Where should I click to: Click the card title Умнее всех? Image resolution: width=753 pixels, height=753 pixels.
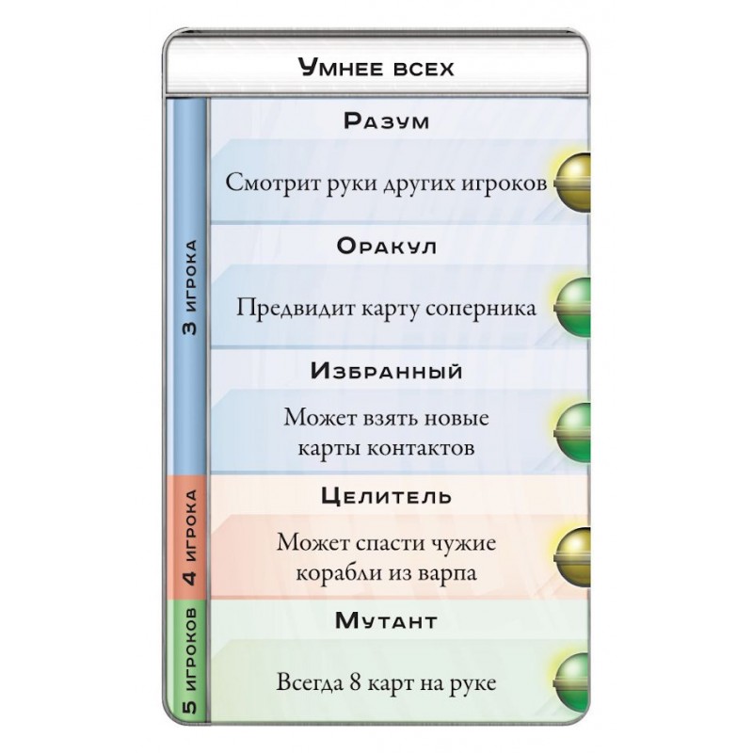[x=376, y=67]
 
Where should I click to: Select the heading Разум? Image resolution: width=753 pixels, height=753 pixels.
[x=386, y=120]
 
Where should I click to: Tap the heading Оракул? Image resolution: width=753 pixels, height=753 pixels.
[x=386, y=246]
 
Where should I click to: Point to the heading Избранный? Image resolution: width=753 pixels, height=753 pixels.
[x=386, y=371]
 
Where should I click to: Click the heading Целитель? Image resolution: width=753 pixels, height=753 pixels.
[x=386, y=496]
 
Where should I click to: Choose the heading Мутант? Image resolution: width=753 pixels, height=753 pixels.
[x=386, y=621]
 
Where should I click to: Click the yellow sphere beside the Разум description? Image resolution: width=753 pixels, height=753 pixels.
[x=572, y=183]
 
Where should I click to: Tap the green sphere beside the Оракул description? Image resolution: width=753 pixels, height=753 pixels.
[x=572, y=308]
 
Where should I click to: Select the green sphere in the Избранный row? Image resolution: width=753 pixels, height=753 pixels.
[x=572, y=433]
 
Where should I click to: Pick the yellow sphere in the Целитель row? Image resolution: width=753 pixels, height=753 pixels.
[x=572, y=557]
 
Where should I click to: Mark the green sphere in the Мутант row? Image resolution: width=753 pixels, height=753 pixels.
[x=572, y=682]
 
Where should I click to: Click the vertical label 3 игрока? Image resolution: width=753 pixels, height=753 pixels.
[x=190, y=287]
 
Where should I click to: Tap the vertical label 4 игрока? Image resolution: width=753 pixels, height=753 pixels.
[x=190, y=537]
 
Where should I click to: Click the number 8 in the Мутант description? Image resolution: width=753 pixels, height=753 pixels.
[x=356, y=682]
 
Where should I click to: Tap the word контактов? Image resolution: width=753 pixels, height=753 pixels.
[x=421, y=449]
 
